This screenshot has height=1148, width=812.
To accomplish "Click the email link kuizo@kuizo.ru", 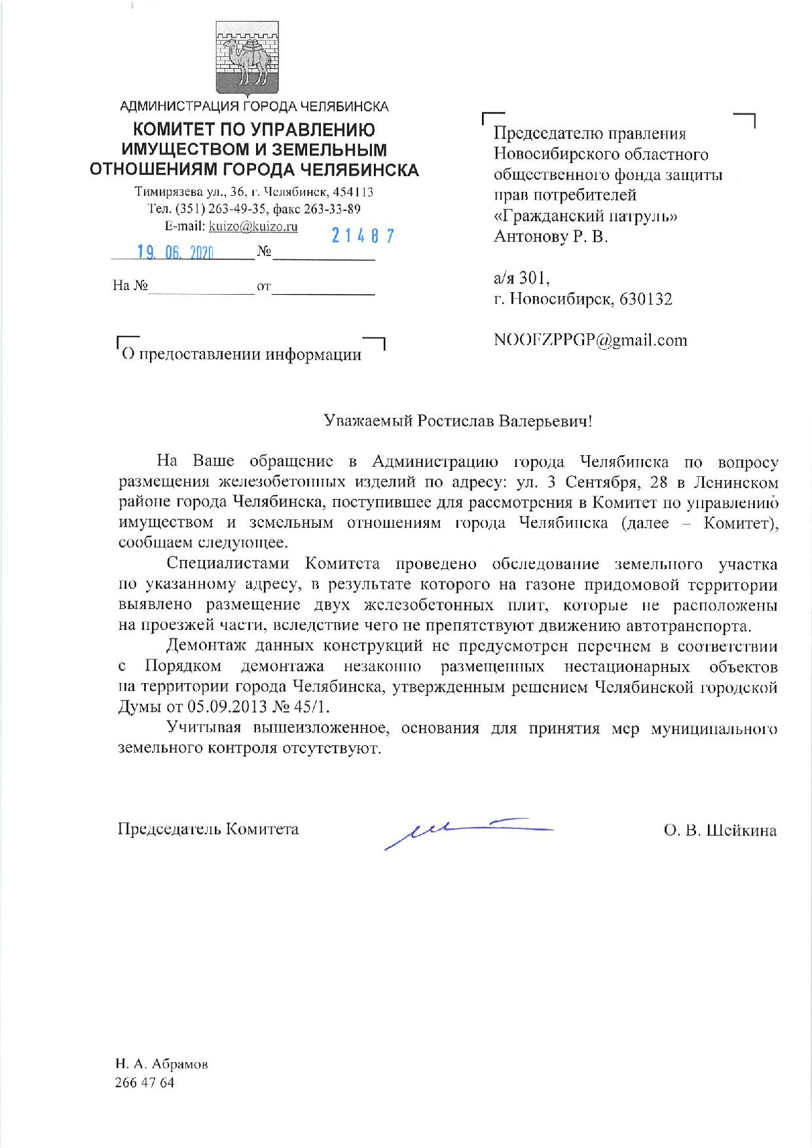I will (253, 227).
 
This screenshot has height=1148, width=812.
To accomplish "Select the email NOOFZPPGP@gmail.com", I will (591, 340).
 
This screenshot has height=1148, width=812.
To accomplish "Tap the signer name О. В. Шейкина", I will (720, 831).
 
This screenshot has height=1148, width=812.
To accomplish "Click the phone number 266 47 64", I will (145, 1083).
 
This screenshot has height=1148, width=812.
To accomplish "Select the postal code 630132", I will (645, 299).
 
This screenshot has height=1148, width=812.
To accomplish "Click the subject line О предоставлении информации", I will (242, 355).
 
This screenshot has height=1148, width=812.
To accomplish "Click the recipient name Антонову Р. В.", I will (551, 236).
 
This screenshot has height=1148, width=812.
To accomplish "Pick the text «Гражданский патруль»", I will (585, 215).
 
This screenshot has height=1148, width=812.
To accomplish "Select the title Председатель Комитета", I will (208, 829).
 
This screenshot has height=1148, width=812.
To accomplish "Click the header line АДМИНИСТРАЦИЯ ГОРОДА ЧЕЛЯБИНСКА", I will (254, 106).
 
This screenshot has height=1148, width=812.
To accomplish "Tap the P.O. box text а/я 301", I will (521, 278).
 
